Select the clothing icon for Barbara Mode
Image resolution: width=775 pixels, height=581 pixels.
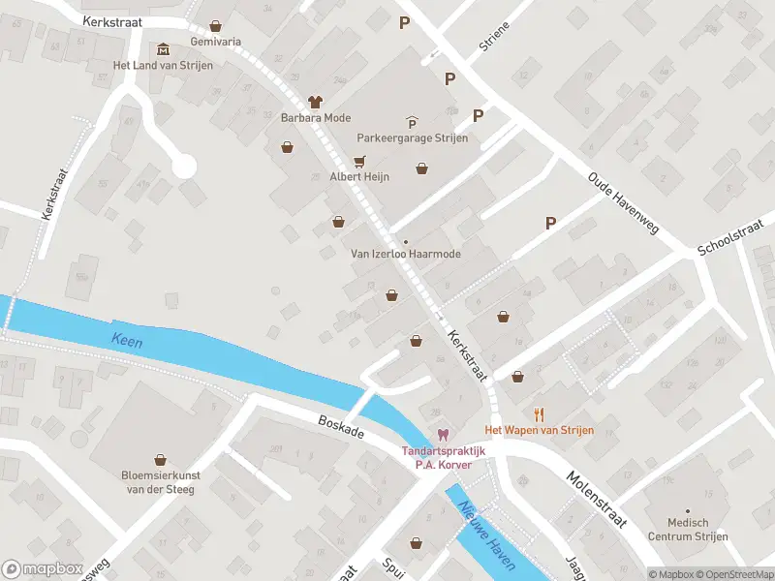point(315,102)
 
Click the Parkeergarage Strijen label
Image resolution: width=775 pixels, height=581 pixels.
point(412,138)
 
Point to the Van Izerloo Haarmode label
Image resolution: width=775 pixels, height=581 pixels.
point(405,254)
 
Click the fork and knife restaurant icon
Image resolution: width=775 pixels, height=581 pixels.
point(539,414)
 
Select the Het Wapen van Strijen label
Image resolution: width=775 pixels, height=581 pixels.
point(539,430)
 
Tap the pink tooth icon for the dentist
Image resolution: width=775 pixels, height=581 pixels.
point(443,436)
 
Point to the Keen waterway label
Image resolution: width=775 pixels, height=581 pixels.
point(127,340)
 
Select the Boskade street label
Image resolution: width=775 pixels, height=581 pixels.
point(341,427)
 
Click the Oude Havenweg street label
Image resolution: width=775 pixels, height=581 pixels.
point(623,204)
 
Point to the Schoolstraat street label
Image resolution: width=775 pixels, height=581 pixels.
point(733,237)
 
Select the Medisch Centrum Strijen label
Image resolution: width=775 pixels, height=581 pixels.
point(688,532)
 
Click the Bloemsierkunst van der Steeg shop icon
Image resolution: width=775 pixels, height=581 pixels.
point(161,459)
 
